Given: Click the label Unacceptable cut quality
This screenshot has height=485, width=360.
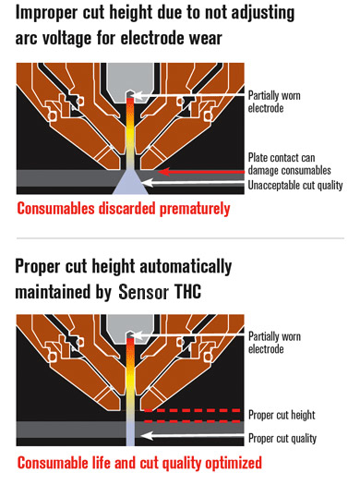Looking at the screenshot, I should pos(295,185).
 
